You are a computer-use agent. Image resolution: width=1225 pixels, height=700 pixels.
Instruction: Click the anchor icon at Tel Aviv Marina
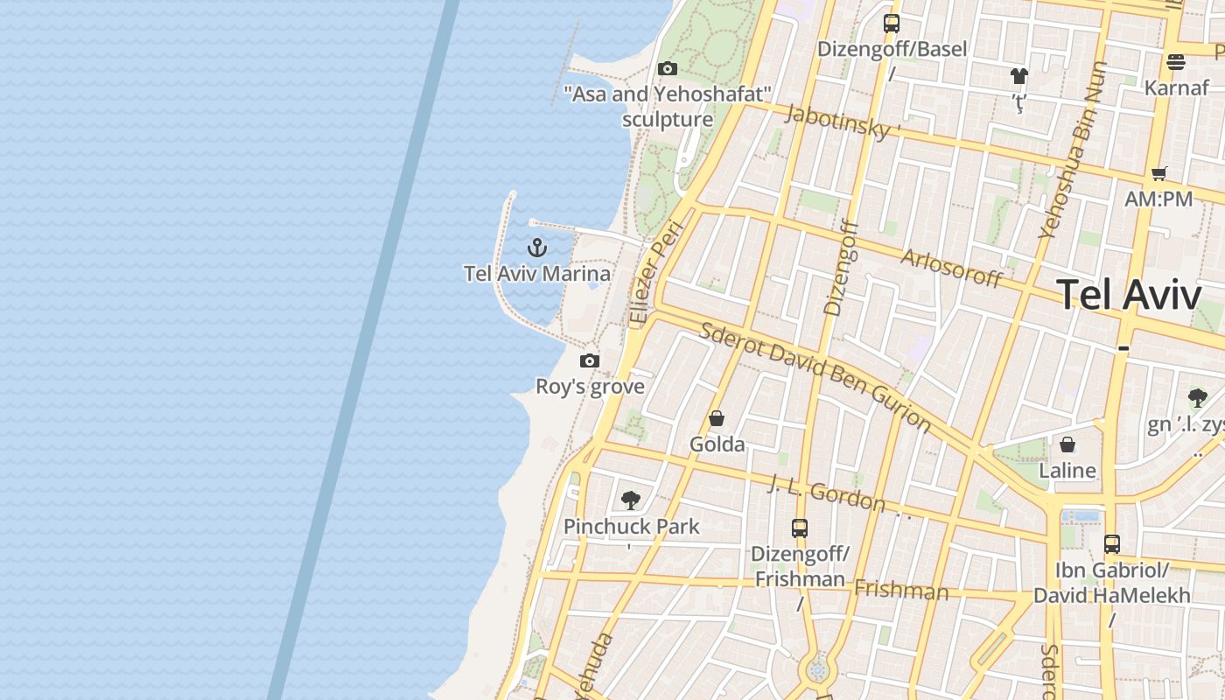pos(537,248)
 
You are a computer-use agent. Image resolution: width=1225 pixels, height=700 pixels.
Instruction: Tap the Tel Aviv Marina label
pos(537,273)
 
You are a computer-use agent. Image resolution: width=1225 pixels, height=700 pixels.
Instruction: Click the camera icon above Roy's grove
pos(590,360)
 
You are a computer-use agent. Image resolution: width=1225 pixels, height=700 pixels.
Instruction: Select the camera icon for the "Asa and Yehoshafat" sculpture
pos(668,68)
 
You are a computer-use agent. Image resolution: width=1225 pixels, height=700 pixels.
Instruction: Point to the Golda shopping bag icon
pos(717,418)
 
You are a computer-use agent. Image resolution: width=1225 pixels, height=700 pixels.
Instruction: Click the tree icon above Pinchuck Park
pos(630,500)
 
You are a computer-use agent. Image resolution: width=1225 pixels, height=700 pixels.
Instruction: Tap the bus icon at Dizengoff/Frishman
pos(800,528)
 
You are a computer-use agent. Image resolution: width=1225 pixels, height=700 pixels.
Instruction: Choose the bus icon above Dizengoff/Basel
pos(892,24)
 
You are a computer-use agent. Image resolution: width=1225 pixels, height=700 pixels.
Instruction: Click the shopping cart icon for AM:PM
pos(1159,173)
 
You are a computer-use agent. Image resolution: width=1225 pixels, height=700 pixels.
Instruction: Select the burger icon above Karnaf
pos(1176,62)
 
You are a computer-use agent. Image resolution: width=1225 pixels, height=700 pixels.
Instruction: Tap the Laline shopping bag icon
pos(1067,444)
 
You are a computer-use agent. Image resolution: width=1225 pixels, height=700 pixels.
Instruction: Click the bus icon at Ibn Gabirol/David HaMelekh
pos(1111,543)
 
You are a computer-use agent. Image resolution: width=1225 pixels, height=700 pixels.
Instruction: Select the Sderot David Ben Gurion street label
pos(815,375)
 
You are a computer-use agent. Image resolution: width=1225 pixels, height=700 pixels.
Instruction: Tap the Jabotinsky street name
pos(843,122)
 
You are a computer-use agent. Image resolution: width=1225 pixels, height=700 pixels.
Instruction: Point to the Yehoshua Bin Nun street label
pos(1073,150)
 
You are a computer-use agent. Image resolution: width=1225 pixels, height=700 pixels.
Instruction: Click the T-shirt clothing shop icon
pos(1018,76)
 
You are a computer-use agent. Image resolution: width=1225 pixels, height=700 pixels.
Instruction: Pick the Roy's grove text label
pos(590,386)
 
